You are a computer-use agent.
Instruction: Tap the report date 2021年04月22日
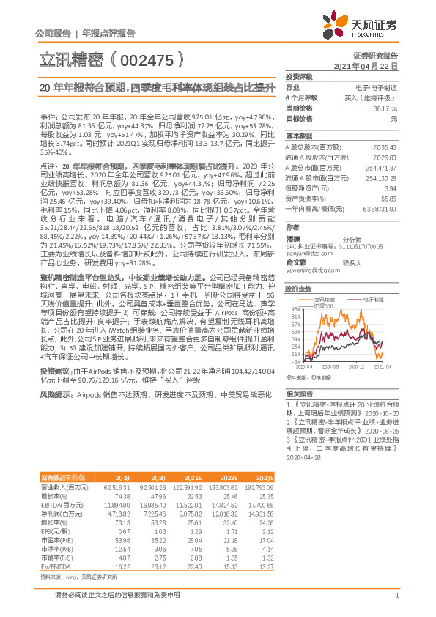coord(372,67)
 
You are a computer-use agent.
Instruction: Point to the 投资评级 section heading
coord(299,76)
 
